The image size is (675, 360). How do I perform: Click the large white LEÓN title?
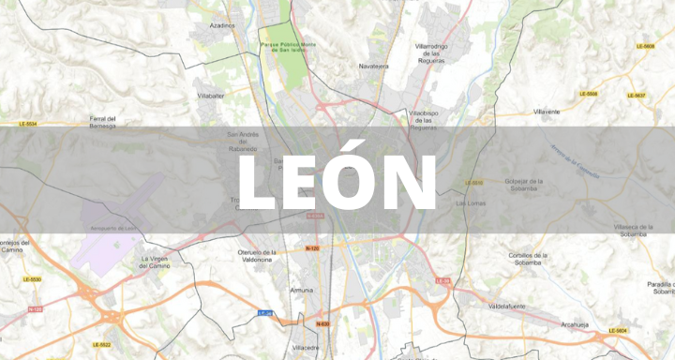[x=337, y=182]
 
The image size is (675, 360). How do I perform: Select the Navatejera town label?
[x=373, y=67]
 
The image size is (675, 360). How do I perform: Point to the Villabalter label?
[x=210, y=96]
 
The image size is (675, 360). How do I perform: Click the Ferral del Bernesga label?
[x=102, y=122]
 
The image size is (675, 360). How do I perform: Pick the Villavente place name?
[x=547, y=112]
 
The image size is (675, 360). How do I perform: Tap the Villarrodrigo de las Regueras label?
[x=430, y=53]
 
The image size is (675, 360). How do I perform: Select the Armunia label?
[x=302, y=291]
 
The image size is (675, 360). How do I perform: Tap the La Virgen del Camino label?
[x=157, y=262]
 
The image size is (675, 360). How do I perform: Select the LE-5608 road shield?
[x=644, y=45]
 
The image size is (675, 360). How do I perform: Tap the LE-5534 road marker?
[x=28, y=124]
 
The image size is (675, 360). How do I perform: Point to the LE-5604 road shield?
[x=617, y=331]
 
